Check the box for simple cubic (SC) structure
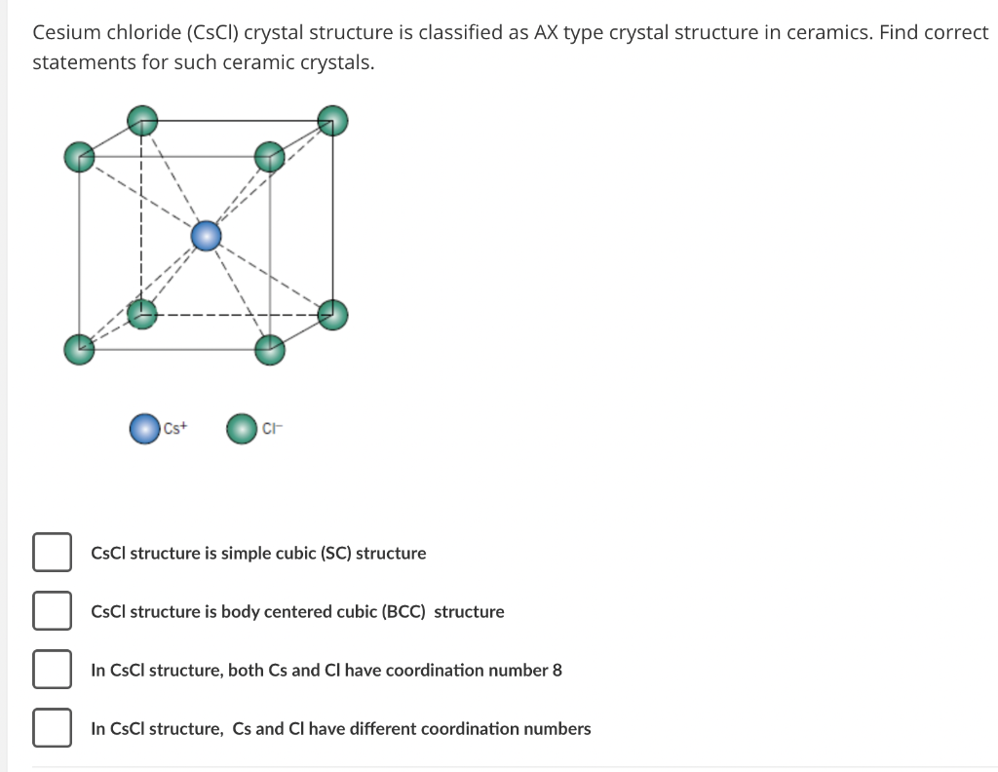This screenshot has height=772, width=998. pos(52,552)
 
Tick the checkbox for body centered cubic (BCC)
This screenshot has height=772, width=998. pos(52,610)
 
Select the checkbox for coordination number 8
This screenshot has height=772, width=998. pos(52,669)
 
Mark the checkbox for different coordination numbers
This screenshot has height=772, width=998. pos(52,727)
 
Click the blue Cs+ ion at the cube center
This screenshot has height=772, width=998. pos(207,236)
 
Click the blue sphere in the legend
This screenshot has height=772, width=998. pos(144,428)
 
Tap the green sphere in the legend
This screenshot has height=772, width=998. pos(242,428)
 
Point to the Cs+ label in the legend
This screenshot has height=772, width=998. pos(175,428)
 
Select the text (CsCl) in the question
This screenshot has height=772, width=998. pos(212,32)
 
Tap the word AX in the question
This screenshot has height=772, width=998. pos(546,32)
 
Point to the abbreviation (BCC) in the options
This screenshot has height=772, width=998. pos(403,611)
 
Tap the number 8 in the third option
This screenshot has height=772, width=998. pos(557,671)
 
